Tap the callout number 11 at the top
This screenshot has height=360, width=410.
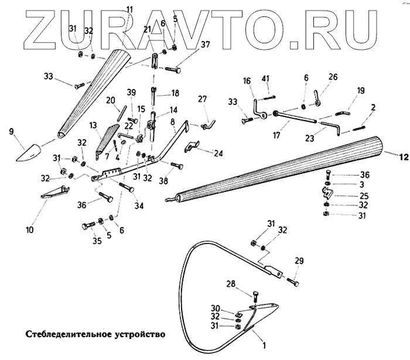[129, 10]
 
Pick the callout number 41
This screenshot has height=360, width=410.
[265, 78]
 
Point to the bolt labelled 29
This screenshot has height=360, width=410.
[292, 282]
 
